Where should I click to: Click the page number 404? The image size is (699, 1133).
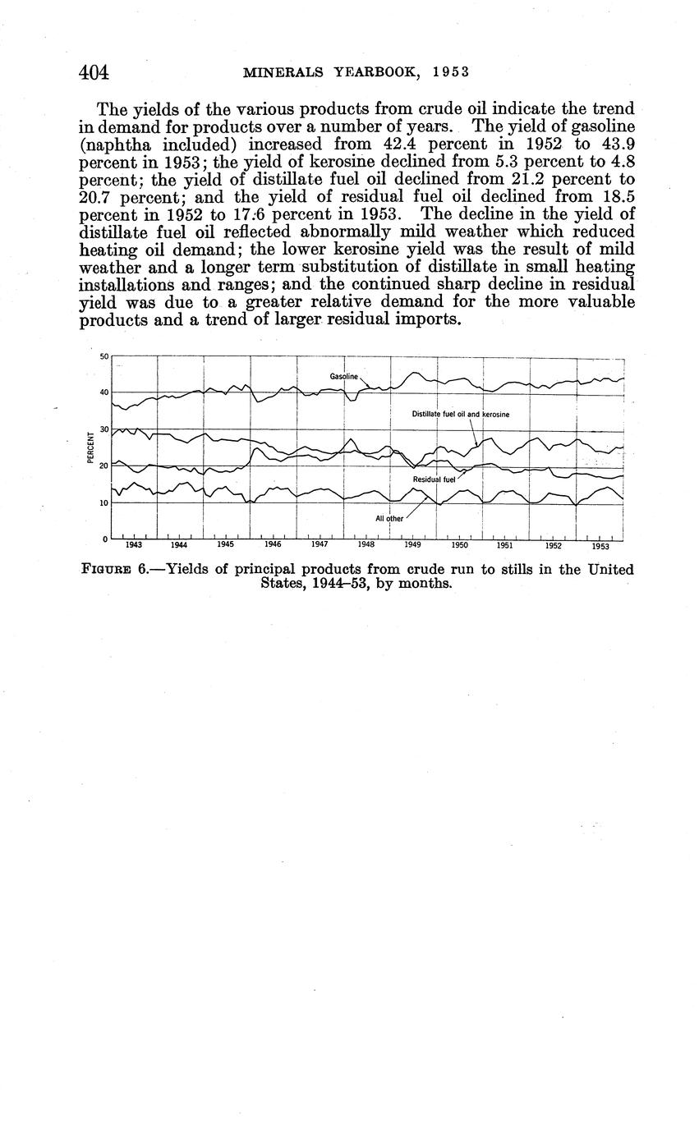click(94, 72)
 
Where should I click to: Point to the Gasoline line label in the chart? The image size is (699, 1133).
click(344, 376)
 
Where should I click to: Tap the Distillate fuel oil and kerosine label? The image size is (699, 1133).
click(460, 415)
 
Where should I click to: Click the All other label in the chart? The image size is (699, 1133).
click(389, 519)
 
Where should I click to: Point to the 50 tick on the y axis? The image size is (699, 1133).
click(104, 356)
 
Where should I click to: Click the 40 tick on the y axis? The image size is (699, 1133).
click(104, 392)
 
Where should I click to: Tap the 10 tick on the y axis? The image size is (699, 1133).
click(104, 502)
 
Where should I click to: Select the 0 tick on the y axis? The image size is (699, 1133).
click(106, 539)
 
